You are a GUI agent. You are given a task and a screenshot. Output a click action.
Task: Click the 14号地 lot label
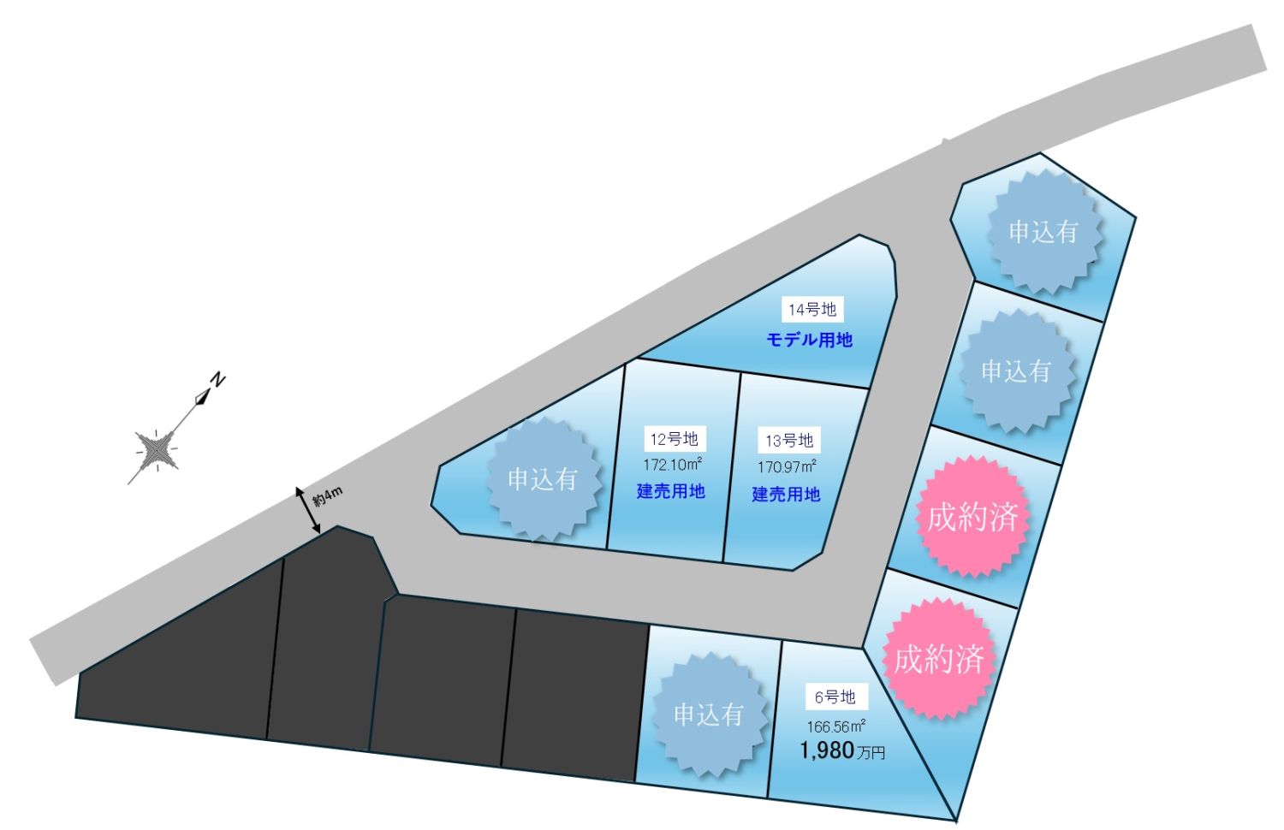tap(812, 310)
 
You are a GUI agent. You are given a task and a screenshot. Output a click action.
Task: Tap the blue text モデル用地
tap(810, 341)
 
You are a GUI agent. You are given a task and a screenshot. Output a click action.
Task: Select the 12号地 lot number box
tap(675, 439)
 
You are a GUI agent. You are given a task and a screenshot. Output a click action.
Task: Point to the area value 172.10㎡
tap(673, 464)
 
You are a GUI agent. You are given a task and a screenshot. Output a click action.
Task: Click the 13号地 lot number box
tap(789, 441)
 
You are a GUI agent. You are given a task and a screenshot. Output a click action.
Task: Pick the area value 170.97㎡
tap(787, 467)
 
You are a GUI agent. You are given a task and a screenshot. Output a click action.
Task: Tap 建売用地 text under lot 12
tap(670, 491)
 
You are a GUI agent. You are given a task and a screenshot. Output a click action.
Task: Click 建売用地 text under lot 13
tap(786, 495)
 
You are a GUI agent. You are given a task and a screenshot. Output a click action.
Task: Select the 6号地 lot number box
tap(836, 697)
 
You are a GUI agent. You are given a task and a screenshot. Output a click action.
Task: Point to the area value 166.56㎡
tap(836, 726)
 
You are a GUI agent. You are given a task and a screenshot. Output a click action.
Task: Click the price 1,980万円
tap(842, 750)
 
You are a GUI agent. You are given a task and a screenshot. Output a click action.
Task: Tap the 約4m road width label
tap(327, 496)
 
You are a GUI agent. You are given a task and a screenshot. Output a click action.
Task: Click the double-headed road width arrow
tap(308, 510)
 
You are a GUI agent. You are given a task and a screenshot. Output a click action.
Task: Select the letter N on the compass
tap(217, 379)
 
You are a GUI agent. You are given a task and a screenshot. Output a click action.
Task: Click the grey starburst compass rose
tap(155, 450)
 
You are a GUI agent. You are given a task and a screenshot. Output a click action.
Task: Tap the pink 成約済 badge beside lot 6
tap(938, 659)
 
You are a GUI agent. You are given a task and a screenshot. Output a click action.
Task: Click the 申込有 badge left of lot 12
tap(543, 479)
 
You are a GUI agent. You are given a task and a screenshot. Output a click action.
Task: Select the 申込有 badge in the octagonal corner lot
tap(1043, 232)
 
